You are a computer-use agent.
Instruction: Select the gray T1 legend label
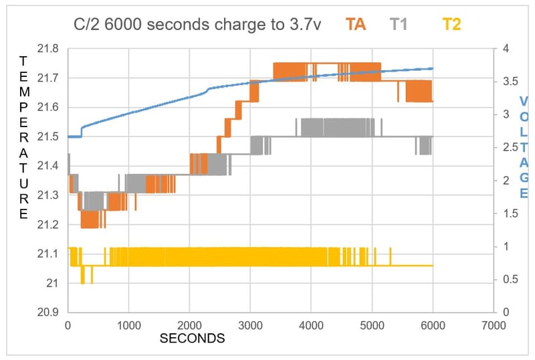coord(399,25)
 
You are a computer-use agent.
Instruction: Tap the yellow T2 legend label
coord(452,25)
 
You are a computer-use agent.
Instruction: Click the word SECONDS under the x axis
coord(192,339)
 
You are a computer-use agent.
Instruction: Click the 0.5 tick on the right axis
coord(511,280)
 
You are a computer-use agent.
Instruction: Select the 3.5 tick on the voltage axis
coord(511,82)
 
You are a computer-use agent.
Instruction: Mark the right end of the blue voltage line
coord(433,68)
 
